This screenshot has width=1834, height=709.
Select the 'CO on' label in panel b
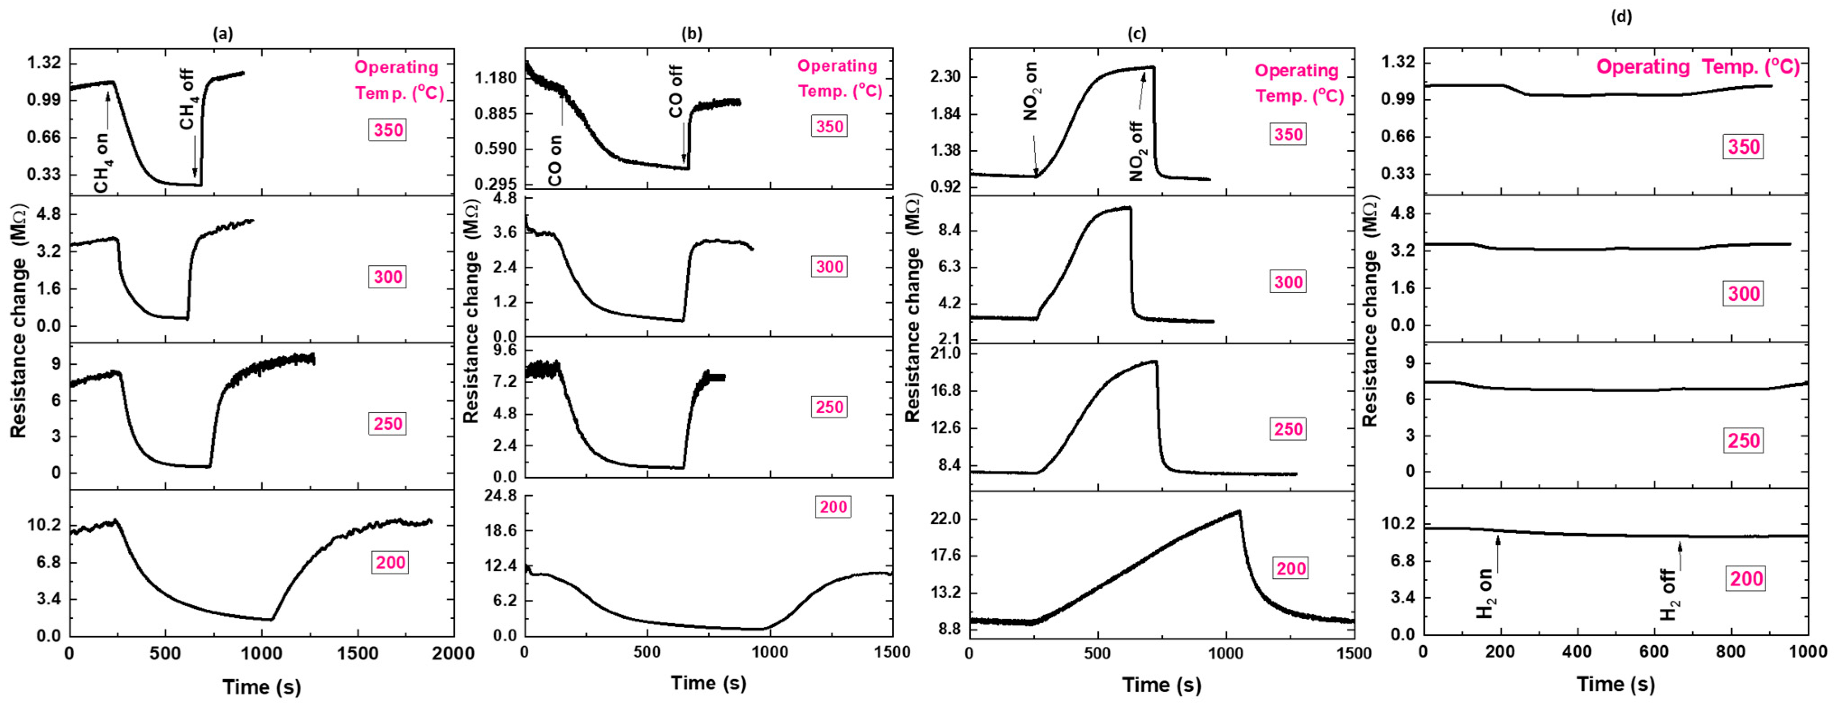pyautogui.click(x=554, y=161)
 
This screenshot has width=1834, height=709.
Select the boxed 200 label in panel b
pyautogui.click(x=833, y=507)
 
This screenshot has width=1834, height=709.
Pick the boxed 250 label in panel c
pyautogui.click(x=1288, y=429)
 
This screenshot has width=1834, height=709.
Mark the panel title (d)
pyautogui.click(x=1622, y=16)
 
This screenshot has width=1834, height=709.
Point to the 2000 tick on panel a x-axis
pyautogui.click(x=453, y=653)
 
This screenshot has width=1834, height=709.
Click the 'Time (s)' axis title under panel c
pyautogui.click(x=1162, y=685)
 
